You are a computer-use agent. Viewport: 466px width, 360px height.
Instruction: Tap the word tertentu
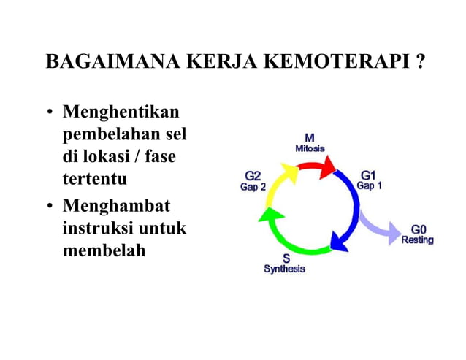95,177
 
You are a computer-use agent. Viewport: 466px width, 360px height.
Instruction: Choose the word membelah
104,250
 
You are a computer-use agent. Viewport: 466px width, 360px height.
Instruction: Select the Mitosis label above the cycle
310,148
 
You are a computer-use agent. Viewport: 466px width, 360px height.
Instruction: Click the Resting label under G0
417,240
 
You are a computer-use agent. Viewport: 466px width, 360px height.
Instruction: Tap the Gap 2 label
253,187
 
